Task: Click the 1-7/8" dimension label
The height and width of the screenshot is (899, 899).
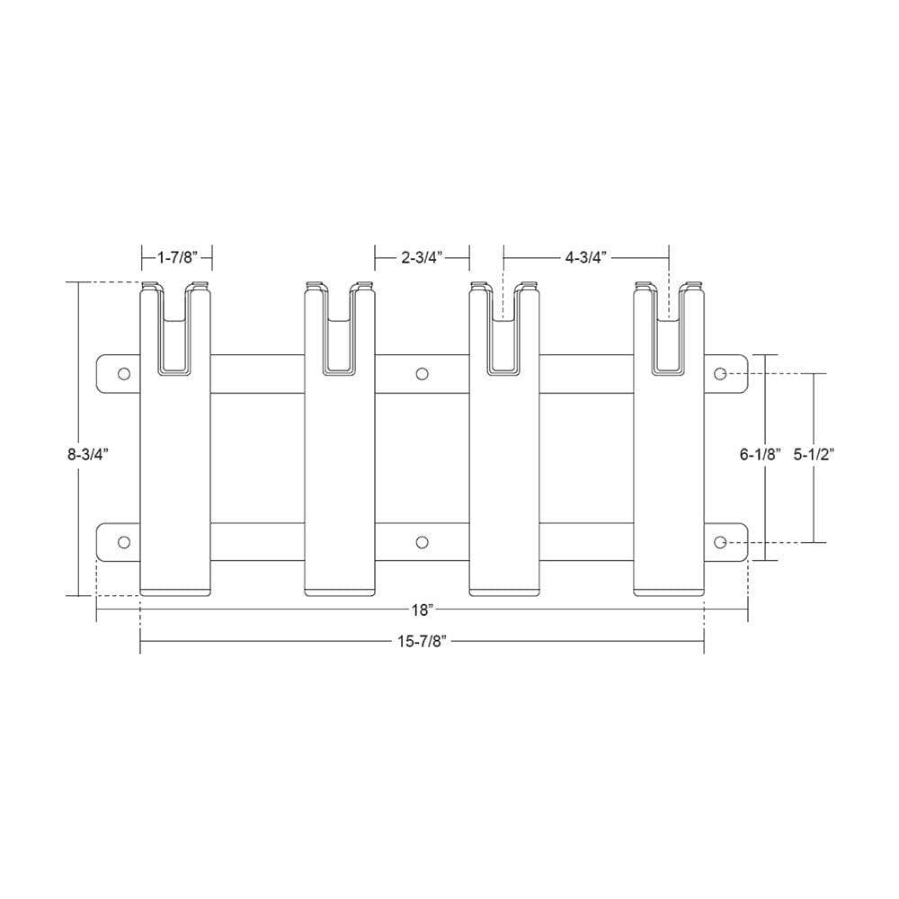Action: pyautogui.click(x=176, y=258)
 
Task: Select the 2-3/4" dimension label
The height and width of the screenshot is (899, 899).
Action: pyautogui.click(x=422, y=258)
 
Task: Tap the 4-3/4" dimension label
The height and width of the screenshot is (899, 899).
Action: pyautogui.click(x=586, y=258)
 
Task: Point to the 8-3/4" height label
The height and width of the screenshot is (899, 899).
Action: pyautogui.click(x=87, y=455)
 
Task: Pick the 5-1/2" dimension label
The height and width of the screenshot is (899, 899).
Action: pyautogui.click(x=814, y=455)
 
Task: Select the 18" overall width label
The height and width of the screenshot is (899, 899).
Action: pyautogui.click(x=423, y=610)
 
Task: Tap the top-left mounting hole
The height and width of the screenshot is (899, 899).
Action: pyautogui.click(x=124, y=373)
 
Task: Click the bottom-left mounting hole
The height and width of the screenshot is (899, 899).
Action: pyautogui.click(x=124, y=542)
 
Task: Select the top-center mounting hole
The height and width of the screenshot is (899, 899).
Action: pyautogui.click(x=423, y=373)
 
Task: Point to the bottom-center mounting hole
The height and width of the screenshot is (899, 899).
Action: pyautogui.click(x=423, y=542)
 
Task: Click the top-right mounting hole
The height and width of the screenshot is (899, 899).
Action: pyautogui.click(x=720, y=373)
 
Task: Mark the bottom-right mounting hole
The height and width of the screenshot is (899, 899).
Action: pyautogui.click(x=720, y=542)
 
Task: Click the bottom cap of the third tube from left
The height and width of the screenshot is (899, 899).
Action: pyautogui.click(x=505, y=591)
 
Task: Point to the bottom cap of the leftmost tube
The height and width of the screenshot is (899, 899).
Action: pyautogui.click(x=176, y=591)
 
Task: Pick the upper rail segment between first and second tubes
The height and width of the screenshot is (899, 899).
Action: pyautogui.click(x=258, y=373)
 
